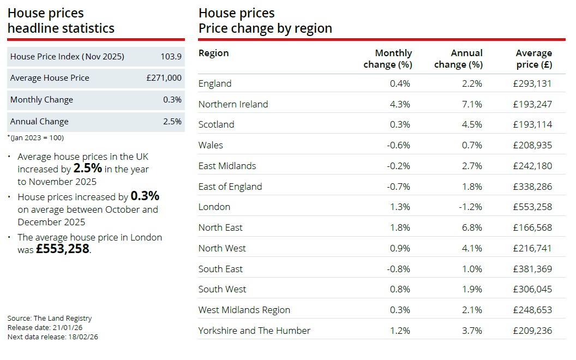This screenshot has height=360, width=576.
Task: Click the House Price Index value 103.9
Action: click(171, 57)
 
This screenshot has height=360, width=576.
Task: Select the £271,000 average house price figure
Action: click(164, 78)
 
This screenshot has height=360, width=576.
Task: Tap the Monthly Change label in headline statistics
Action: click(41, 100)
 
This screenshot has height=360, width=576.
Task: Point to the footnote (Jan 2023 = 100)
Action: click(35, 137)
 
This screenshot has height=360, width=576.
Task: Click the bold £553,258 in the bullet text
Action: click(62, 249)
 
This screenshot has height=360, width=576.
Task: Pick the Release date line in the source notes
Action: click(45, 327)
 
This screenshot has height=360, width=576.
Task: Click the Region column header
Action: click(213, 53)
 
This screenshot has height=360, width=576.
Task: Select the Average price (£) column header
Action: click(533, 58)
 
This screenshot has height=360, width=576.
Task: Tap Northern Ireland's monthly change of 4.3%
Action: click(400, 104)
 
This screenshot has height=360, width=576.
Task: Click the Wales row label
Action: click(211, 145)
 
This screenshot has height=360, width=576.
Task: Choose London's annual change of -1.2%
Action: click(470, 207)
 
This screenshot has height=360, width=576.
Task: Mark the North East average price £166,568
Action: click(532, 227)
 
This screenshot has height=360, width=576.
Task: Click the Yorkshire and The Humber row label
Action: click(254, 331)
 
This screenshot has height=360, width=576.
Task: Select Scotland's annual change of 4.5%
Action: click(472, 124)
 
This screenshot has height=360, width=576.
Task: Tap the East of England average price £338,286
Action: click(532, 187)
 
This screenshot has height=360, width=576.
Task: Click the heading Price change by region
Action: click(265, 28)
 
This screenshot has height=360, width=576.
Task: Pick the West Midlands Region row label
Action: click(244, 310)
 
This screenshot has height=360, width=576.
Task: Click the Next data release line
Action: click(53, 337)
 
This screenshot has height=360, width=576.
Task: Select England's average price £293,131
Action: click(532, 83)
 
